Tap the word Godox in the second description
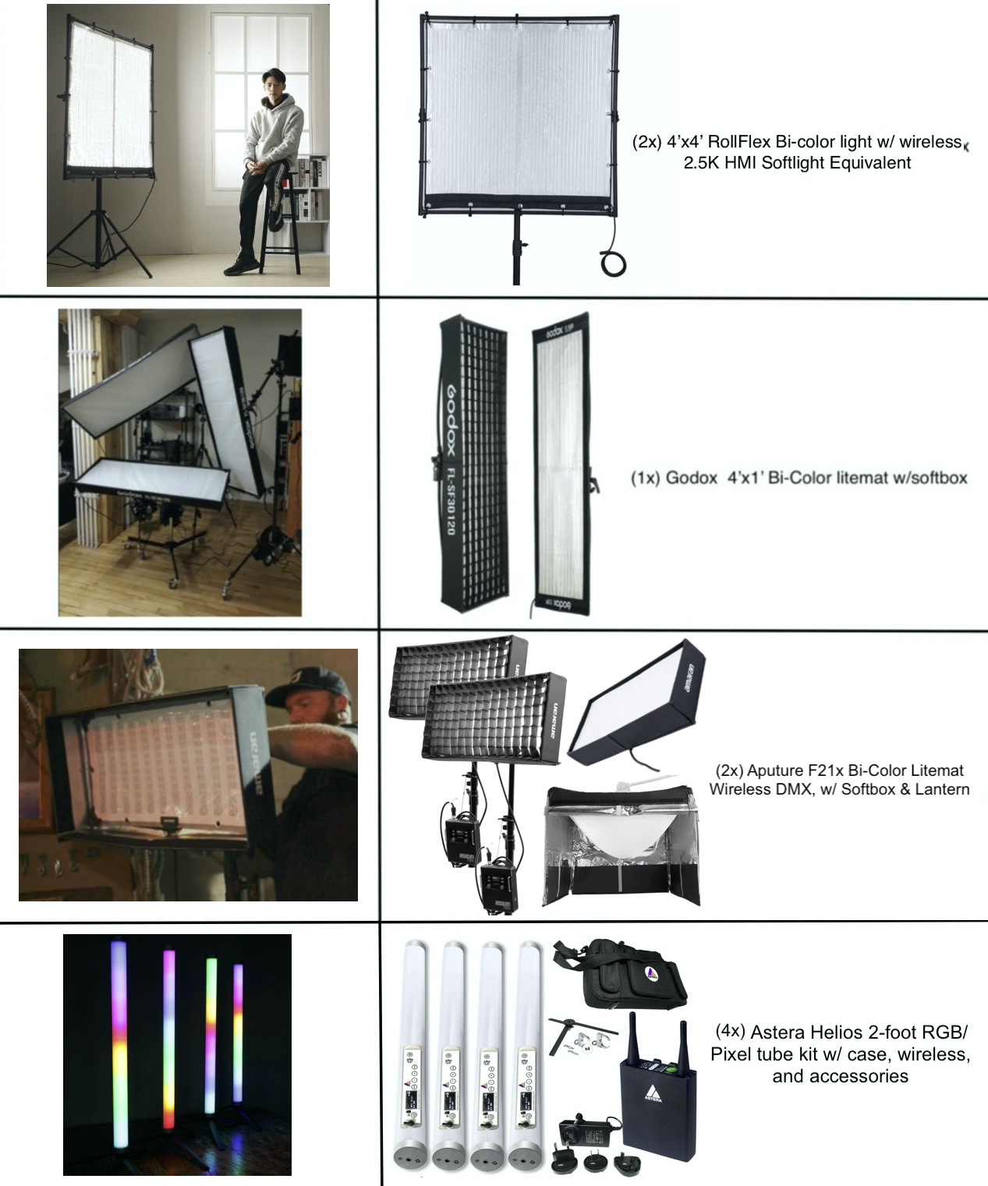tap(691, 478)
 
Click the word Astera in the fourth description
tap(778, 1032)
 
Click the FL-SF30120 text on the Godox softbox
tap(451, 501)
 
